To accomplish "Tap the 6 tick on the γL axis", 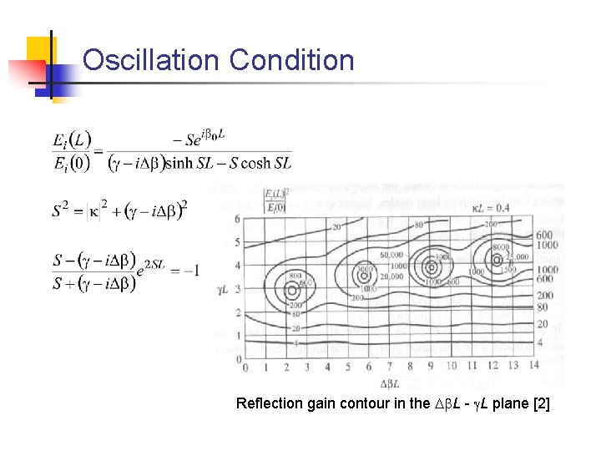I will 237,219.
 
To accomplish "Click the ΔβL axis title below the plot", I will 390,384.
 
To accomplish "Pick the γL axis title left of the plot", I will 224,290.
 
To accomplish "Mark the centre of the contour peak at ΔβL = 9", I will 431,268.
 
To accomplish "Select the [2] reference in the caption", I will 541,404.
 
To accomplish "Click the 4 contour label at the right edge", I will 540,342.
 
